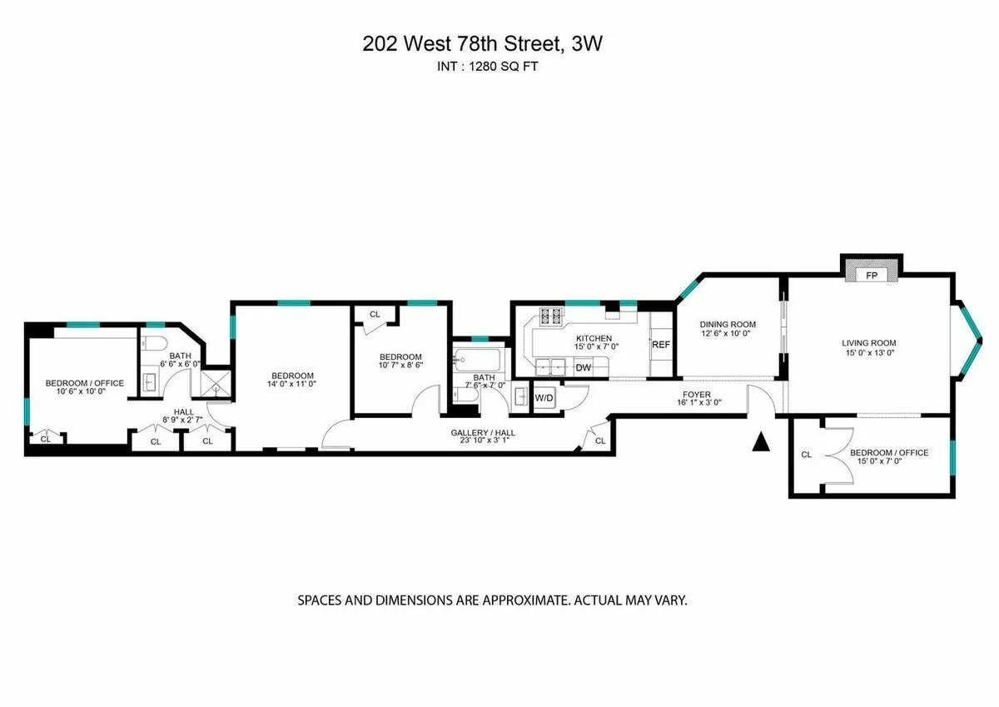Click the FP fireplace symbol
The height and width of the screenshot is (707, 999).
click(x=872, y=274)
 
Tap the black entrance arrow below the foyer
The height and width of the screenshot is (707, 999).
click(x=760, y=442)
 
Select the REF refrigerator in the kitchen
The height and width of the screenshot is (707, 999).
click(x=661, y=345)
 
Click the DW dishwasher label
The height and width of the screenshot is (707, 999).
click(x=584, y=367)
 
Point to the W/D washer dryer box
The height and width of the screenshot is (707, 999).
click(x=544, y=399)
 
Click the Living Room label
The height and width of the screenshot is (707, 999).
click(x=869, y=342)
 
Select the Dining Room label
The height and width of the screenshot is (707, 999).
click(x=727, y=325)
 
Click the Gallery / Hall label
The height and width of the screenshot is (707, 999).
click(x=480, y=433)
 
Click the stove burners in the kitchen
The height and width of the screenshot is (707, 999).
click(x=551, y=316)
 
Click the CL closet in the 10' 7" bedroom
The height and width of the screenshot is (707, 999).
click(x=375, y=315)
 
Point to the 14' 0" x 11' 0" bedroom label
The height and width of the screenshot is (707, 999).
click(x=291, y=375)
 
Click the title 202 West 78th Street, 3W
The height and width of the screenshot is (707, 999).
click(x=482, y=45)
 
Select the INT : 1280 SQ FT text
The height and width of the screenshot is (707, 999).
click(x=482, y=67)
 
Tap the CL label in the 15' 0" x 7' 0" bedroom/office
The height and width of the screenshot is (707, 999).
click(x=806, y=455)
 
